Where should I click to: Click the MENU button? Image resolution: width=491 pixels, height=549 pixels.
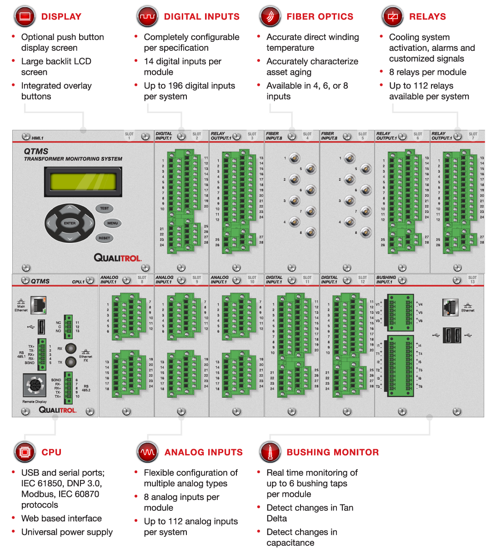pyautogui.click(x=113, y=223)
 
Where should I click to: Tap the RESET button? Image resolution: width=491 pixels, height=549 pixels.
pyautogui.click(x=104, y=238)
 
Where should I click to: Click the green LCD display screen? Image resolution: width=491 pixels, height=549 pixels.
pyautogui.click(x=83, y=182)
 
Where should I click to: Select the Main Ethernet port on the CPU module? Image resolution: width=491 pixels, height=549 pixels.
pyautogui.click(x=39, y=305)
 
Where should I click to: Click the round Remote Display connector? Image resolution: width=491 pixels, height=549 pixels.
pyautogui.click(x=35, y=386)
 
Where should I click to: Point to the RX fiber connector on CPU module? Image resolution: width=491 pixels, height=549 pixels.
pyautogui.click(x=70, y=349)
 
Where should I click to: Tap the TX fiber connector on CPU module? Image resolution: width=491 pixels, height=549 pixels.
pyautogui.click(x=70, y=362)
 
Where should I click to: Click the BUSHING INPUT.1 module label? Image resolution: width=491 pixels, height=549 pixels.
pyautogui.click(x=386, y=280)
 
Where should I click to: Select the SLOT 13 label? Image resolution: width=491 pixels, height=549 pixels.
pyautogui.click(x=473, y=280)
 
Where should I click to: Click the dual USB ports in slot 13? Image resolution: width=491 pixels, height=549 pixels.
pyautogui.click(x=451, y=336)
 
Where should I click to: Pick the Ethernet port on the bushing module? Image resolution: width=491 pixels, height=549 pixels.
pyautogui.click(x=450, y=307)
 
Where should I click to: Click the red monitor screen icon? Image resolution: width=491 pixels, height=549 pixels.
pyautogui.click(x=25, y=17)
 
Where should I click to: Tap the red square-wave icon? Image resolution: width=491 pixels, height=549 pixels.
pyautogui.click(x=147, y=17)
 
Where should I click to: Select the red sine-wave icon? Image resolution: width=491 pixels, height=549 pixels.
pyautogui.click(x=147, y=452)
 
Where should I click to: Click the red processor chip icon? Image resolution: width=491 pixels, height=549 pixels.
pyautogui.click(x=25, y=452)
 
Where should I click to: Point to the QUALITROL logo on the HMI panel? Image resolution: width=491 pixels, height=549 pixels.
pyautogui.click(x=118, y=258)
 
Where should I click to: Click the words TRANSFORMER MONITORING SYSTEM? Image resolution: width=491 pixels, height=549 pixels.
pyautogui.click(x=73, y=159)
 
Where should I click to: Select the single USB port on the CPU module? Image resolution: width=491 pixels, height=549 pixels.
pyautogui.click(x=41, y=326)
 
